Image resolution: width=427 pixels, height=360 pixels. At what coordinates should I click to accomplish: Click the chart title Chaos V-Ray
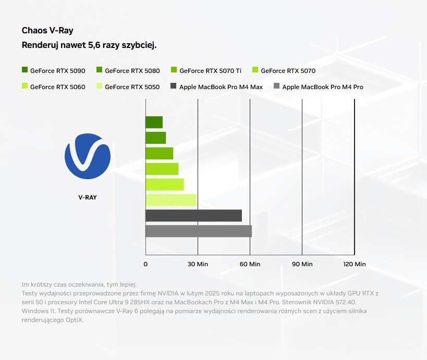(x=51, y=31)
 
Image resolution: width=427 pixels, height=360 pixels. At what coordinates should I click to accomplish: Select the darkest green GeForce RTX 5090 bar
(x=154, y=122)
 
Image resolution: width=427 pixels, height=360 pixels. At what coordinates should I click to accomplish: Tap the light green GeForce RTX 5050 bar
(x=170, y=200)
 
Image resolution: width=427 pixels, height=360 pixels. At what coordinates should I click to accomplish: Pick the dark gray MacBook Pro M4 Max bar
(x=193, y=216)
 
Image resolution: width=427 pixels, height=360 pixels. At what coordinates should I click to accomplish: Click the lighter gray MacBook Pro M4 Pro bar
(x=198, y=231)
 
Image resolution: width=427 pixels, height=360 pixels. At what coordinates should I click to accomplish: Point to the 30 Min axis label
(x=198, y=264)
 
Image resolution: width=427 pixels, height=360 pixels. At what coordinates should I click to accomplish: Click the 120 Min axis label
(x=355, y=264)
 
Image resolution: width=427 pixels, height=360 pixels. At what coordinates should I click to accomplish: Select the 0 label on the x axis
(x=145, y=264)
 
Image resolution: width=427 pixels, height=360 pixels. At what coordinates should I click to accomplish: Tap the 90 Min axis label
(x=302, y=264)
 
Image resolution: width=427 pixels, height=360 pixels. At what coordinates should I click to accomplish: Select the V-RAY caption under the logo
(x=87, y=197)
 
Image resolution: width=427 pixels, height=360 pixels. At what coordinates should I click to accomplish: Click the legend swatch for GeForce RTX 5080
(x=99, y=70)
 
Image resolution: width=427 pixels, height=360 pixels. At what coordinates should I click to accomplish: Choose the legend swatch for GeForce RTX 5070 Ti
(x=174, y=70)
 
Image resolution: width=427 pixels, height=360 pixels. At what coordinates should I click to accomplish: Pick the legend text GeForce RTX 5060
(x=57, y=87)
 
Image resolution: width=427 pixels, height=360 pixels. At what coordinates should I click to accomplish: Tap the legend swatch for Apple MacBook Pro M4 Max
(x=174, y=86)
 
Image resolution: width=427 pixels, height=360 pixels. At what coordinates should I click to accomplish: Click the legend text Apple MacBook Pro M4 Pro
(x=323, y=87)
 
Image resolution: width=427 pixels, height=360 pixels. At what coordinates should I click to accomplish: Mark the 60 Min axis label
(x=250, y=264)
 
